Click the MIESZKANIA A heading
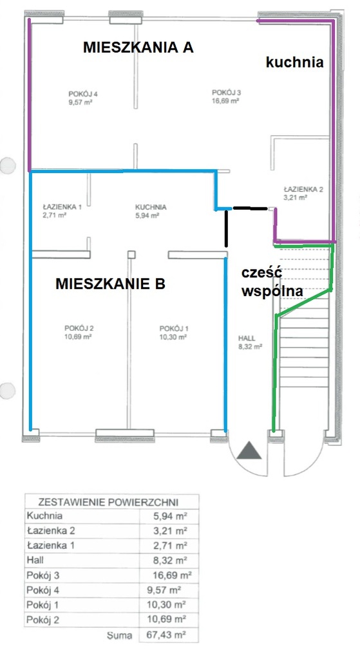(138, 47)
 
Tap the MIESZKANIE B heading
(110, 284)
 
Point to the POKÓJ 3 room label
(226, 93)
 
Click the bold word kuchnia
(294, 62)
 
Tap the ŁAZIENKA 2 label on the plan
(303, 189)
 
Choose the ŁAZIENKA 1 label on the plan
(62, 207)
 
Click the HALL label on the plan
(247, 339)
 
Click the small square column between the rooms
(131, 254)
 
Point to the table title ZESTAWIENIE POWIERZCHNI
(108, 502)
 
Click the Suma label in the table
(119, 635)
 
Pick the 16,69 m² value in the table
(172, 575)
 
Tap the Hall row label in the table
(35, 560)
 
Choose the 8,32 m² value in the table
(170, 560)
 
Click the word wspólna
(272, 292)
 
